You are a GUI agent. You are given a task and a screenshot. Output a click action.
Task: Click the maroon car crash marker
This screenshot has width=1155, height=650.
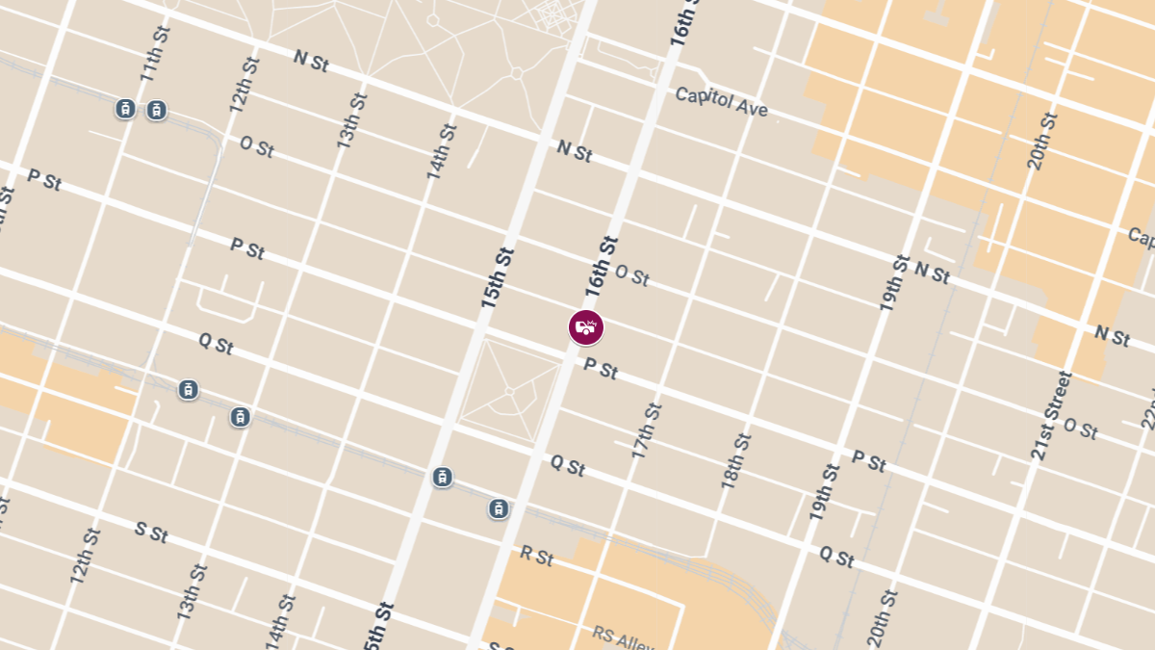pos(585,327)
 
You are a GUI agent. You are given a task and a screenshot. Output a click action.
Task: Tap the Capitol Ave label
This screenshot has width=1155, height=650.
pos(722,102)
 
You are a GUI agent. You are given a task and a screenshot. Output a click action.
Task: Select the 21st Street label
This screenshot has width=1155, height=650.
pos(1051,415)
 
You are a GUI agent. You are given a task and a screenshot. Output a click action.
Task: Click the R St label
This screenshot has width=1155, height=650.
pos(536,556)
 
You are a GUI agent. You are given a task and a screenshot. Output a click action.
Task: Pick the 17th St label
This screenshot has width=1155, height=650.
pos(647,429)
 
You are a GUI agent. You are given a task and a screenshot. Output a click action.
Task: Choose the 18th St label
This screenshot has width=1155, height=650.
pos(737,460)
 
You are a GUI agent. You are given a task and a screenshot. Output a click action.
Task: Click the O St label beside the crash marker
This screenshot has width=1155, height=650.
pos(631,276)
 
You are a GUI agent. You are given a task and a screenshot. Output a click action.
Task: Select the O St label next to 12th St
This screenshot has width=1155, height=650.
pos(256,147)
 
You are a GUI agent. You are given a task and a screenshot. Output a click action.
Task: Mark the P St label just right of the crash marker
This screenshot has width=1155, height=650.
pos(601,369)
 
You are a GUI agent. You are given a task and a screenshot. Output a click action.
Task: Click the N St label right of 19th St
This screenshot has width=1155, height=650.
pos(932,273)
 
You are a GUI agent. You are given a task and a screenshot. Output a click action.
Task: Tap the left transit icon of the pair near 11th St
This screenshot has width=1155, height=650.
pos(125,109)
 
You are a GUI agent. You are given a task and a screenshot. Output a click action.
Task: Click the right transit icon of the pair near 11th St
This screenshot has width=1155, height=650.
pos(156,110)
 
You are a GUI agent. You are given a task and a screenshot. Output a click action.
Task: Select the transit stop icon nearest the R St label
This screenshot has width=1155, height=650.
pos(499,508)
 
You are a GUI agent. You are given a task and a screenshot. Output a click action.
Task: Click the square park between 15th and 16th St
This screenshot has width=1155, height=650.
pos(510,390)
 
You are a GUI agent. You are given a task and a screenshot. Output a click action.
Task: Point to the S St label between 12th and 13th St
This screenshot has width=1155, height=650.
pos(151,532)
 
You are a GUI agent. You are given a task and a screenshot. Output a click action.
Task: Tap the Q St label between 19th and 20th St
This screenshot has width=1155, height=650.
pos(836,557)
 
